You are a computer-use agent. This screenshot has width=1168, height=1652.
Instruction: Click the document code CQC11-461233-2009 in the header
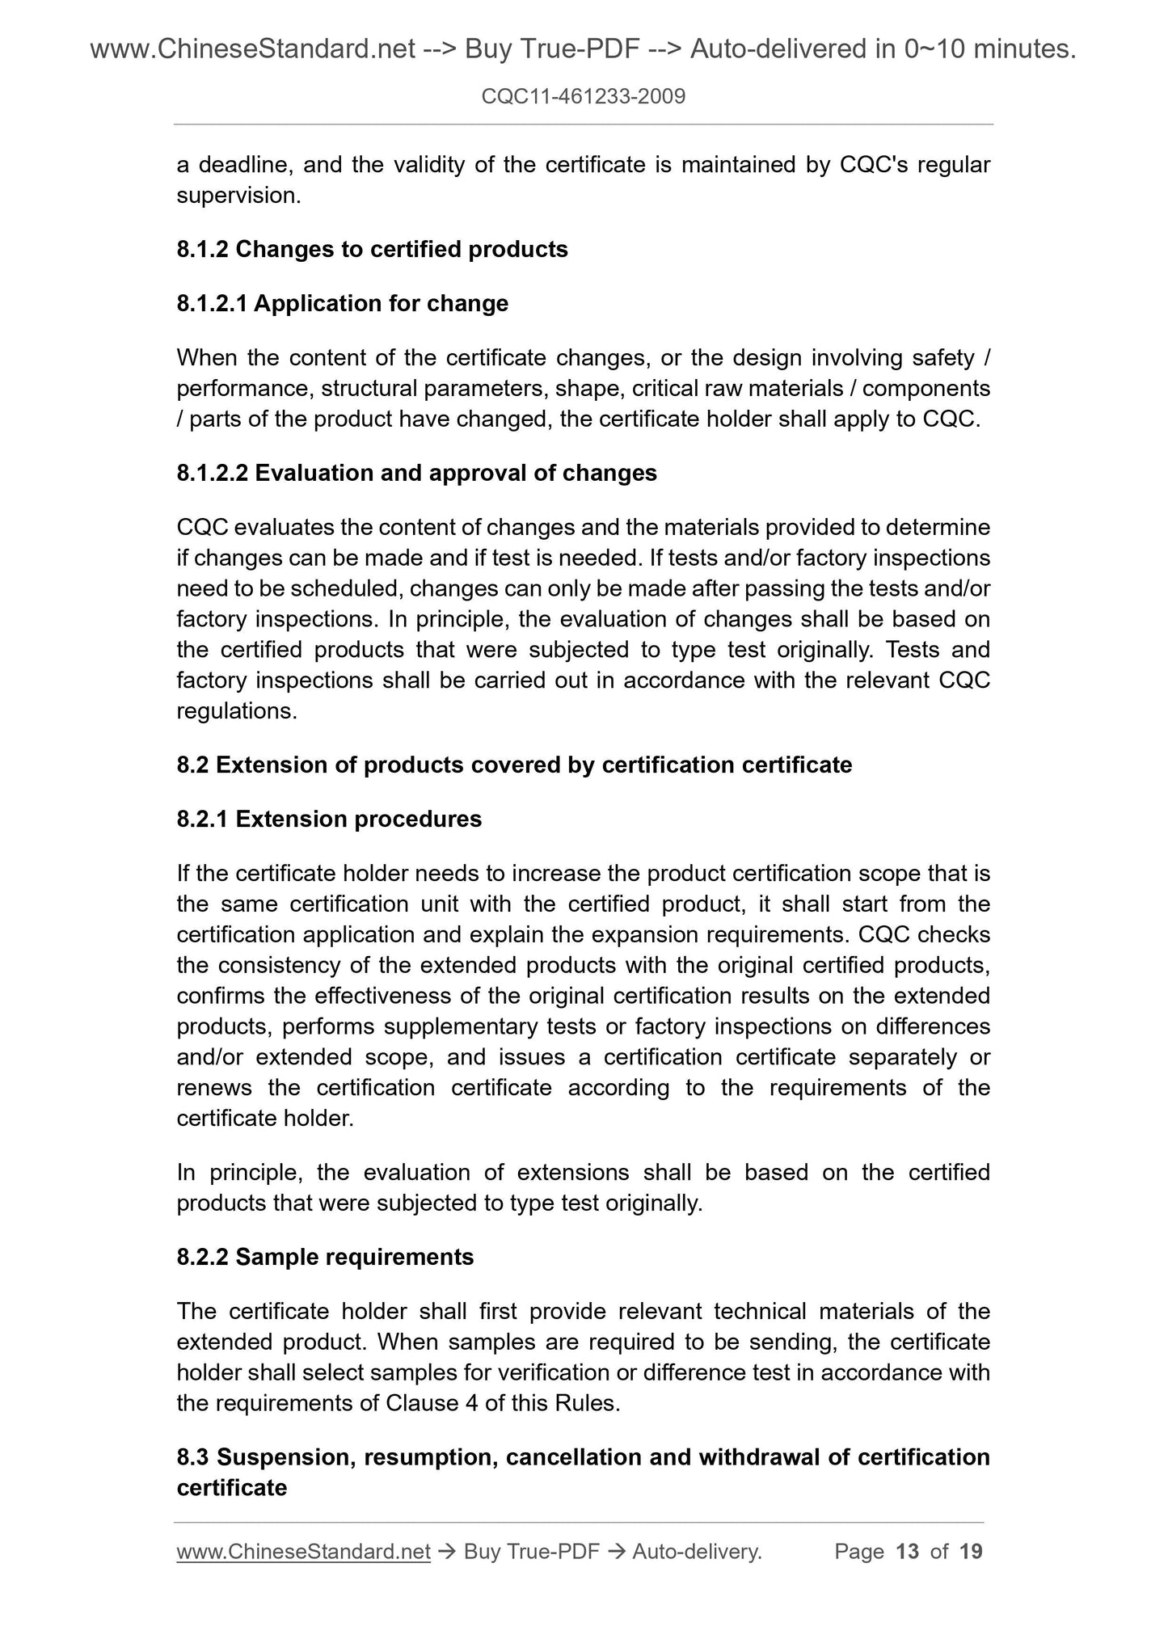(x=583, y=97)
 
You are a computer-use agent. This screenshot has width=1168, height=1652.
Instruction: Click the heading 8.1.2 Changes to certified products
(x=372, y=249)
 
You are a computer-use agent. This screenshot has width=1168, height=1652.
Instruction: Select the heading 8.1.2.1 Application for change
(x=342, y=303)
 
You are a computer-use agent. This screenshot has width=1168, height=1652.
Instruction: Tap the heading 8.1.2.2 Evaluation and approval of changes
(x=416, y=473)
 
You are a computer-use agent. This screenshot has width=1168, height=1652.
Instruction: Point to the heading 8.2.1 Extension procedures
(x=329, y=819)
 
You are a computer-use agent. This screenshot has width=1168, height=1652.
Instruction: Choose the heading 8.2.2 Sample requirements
(x=325, y=1257)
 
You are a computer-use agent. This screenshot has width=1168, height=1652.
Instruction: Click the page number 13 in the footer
(x=908, y=1551)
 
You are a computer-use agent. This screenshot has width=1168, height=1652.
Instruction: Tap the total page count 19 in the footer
(x=971, y=1551)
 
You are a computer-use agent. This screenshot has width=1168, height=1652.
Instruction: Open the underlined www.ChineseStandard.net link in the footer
(x=303, y=1551)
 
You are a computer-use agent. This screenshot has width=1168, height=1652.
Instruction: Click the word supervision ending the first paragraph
(x=238, y=196)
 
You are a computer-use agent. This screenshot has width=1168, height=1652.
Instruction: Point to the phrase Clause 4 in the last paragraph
(x=424, y=1403)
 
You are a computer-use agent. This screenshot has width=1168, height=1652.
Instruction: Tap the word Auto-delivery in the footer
(x=696, y=1551)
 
